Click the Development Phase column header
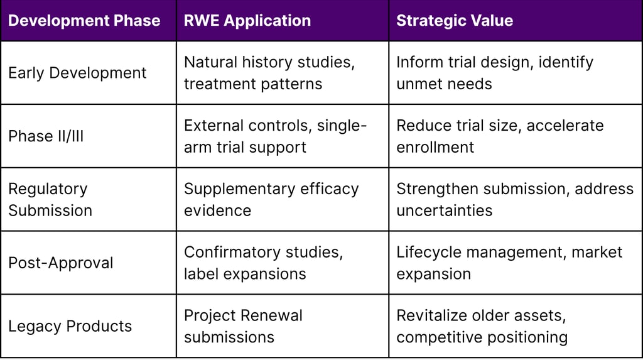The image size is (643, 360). click(84, 21)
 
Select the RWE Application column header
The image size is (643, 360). click(247, 21)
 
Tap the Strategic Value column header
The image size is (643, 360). click(454, 21)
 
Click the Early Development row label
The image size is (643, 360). click(77, 73)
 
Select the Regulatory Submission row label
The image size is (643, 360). click(50, 199)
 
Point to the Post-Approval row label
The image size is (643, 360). click(61, 263)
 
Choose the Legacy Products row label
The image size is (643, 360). click(70, 326)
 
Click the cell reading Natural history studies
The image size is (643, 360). click(269, 73)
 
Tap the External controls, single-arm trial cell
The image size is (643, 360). click(275, 136)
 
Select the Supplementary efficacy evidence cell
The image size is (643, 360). click(271, 199)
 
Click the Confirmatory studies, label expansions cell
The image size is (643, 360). click(264, 263)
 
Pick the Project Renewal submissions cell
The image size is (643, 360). click(243, 326)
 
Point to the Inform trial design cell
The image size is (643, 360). click(495, 73)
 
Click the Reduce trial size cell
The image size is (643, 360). click(500, 136)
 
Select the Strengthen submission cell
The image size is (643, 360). click(515, 199)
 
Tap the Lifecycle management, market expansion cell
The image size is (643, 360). click(509, 263)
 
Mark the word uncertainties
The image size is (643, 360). click(444, 210)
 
